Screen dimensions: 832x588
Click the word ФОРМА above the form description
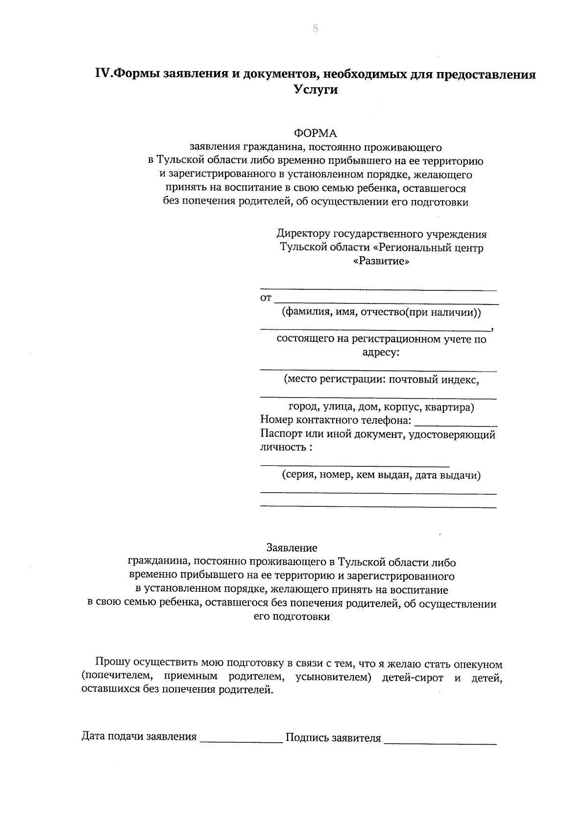316,133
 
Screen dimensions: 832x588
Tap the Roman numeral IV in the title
102,75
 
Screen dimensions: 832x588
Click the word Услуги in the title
316,90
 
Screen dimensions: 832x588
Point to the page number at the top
315,28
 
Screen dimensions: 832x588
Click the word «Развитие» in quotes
381,261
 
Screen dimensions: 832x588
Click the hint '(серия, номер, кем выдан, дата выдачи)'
381,475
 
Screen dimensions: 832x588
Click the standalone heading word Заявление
292,548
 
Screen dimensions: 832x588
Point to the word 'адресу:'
381,352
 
